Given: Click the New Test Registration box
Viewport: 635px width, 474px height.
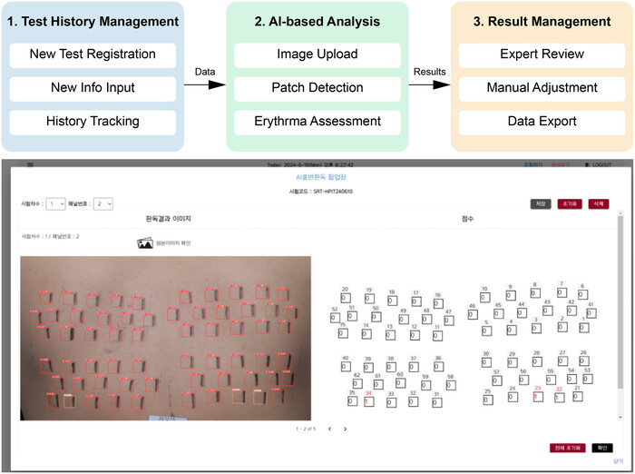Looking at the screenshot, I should [93, 54].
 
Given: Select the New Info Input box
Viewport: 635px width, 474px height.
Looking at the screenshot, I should [93, 88].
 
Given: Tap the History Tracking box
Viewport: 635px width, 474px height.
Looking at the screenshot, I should [93, 122].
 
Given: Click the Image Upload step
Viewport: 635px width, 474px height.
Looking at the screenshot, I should [317, 54].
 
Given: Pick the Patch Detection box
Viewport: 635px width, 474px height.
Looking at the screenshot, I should [317, 88].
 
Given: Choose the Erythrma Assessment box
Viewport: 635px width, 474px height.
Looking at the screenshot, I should [317, 122].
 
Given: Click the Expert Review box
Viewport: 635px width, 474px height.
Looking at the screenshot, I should [542, 54].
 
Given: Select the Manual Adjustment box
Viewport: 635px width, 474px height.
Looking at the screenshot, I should [542, 88].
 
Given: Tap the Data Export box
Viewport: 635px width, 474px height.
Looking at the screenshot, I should [542, 122].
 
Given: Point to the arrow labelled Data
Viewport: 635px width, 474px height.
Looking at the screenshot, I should [204, 85].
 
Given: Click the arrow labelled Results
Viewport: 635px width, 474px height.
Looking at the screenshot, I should [429, 85].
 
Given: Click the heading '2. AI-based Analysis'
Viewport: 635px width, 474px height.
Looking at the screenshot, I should [317, 20].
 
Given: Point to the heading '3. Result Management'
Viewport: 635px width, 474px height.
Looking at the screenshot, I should [542, 20].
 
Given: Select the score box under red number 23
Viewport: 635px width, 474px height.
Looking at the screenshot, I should [537, 396].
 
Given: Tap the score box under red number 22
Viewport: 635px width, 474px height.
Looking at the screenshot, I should [559, 397].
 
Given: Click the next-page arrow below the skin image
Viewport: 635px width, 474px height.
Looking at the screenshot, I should [345, 428].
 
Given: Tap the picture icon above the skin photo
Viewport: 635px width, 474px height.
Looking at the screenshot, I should [144, 242].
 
